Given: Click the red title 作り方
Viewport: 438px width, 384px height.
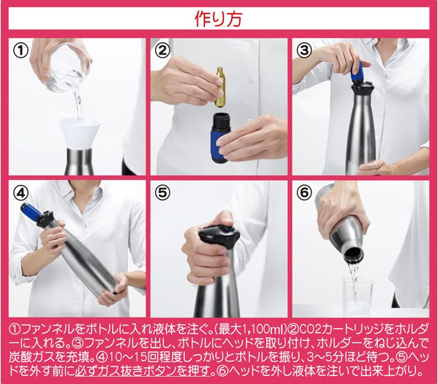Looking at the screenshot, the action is pos(218,19).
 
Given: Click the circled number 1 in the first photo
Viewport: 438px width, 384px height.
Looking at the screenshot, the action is pos(21,51).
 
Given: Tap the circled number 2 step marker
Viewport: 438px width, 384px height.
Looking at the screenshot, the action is pos(163,51).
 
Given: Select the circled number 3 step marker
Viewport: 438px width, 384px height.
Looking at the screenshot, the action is pos(304,50).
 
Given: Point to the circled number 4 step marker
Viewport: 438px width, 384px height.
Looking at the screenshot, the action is pos(21,192).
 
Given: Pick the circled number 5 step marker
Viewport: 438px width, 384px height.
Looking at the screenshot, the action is pos(163,192).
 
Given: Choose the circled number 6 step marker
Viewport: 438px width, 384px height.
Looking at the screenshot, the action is pos(304,192).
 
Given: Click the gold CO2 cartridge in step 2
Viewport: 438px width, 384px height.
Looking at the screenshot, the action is pos(220,87).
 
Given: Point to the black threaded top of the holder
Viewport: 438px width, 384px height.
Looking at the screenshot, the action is pos(221,120).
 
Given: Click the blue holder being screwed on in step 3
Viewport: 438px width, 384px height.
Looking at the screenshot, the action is pos(357,72).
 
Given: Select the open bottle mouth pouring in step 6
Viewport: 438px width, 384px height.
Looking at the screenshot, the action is pos(354,255).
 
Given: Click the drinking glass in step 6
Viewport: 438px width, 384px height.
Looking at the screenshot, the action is pos(358,294).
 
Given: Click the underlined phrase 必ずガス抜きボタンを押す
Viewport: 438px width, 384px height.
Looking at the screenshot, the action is pos(143,372).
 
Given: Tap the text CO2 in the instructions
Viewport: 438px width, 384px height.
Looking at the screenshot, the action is pos(311,330).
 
